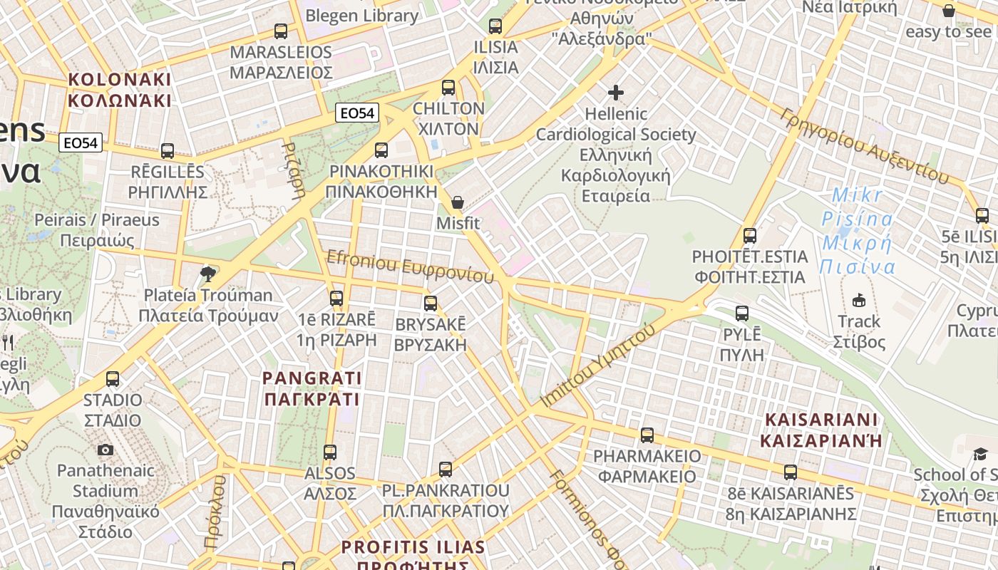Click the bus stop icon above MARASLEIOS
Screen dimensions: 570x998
pyautogui.click(x=281, y=31)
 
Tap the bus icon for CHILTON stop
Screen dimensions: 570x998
pyautogui.click(x=448, y=88)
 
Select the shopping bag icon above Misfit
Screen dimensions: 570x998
pyautogui.click(x=458, y=203)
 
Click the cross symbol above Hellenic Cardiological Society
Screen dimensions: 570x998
pyautogui.click(x=616, y=93)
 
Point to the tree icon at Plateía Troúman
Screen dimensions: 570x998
pyautogui.click(x=208, y=274)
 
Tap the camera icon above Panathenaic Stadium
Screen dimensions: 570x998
pyautogui.click(x=106, y=450)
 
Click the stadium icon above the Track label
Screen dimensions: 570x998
pyautogui.click(x=859, y=300)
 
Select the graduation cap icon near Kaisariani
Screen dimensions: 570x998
pyautogui.click(x=980, y=454)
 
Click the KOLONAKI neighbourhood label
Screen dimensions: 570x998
pyautogui.click(x=120, y=90)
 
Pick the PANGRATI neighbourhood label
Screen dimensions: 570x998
pyautogui.click(x=312, y=388)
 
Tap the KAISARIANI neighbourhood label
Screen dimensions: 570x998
pyautogui.click(x=821, y=430)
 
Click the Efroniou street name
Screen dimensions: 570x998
pyautogui.click(x=410, y=265)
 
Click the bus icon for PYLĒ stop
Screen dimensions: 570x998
pyautogui.click(x=742, y=313)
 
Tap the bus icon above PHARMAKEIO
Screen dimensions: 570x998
pyautogui.click(x=647, y=435)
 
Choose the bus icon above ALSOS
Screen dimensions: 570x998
pyautogui.click(x=330, y=452)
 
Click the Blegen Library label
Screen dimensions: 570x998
pyautogui.click(x=361, y=16)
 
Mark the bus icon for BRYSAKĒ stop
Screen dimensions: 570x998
pyautogui.click(x=431, y=304)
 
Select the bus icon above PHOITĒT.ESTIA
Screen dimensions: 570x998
pyautogui.click(x=750, y=236)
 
